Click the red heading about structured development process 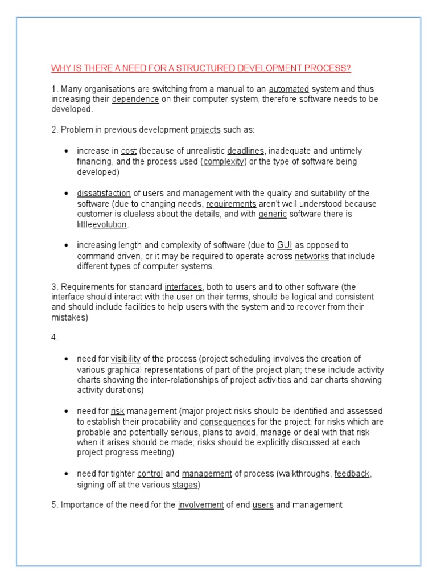(x=201, y=69)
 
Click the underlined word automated (x=289, y=89)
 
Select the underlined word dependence (x=135, y=100)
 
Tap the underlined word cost (x=129, y=151)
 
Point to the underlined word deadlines (x=245, y=151)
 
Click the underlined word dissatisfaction (x=104, y=194)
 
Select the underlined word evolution (x=110, y=225)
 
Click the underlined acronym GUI (x=285, y=245)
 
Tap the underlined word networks (x=311, y=256)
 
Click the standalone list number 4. (x=54, y=338)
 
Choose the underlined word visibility (x=125, y=359)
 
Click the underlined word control (x=150, y=474)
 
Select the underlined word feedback (x=352, y=474)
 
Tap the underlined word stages (x=185, y=485)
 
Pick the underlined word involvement (x=201, y=505)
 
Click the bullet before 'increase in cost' (x=67, y=151)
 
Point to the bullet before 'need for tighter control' (x=67, y=474)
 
